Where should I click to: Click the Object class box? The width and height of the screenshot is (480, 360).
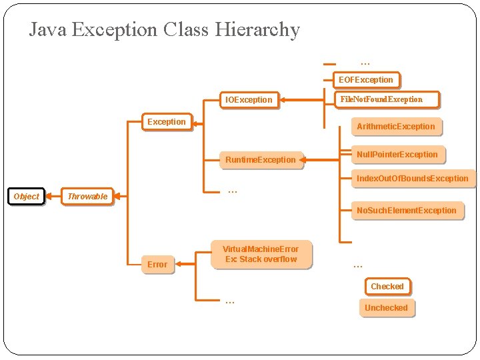(27, 196)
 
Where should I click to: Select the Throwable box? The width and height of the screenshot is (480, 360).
(87, 196)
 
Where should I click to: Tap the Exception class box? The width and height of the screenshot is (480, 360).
(167, 122)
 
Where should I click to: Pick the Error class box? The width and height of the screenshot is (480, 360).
(157, 265)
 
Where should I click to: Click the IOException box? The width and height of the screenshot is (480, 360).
(249, 100)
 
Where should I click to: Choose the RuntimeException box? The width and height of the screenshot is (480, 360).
(260, 160)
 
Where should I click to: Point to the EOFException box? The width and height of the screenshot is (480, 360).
(366, 80)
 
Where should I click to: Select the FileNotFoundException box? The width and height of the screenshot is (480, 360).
(381, 99)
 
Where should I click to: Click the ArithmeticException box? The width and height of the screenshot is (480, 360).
(395, 127)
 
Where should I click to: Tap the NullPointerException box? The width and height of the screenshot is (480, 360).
(397, 155)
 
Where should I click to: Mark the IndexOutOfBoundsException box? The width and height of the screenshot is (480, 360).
(412, 179)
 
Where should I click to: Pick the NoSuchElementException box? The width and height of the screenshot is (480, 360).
(406, 211)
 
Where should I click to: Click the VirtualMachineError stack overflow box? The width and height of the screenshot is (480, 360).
(261, 254)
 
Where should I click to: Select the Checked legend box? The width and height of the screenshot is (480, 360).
(387, 287)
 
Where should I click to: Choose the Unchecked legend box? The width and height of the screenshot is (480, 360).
(386, 308)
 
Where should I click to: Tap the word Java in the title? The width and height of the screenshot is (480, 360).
(47, 29)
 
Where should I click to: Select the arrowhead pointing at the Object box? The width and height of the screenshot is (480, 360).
(48, 196)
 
